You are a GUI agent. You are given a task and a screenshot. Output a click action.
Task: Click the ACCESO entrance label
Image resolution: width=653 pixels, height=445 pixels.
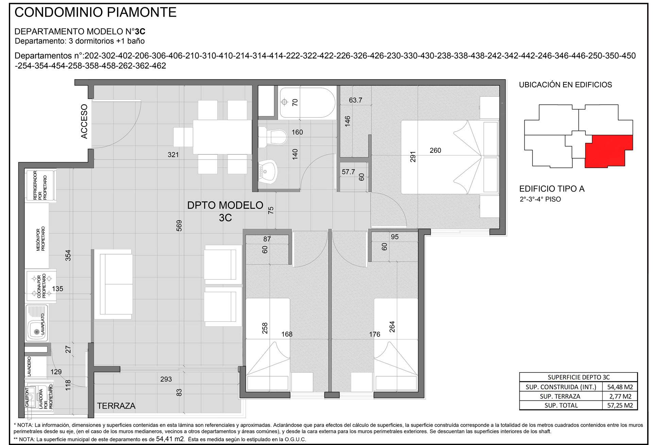(x=84, y=121)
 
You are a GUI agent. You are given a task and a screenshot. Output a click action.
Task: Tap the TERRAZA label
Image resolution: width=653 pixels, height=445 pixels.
(x=116, y=406)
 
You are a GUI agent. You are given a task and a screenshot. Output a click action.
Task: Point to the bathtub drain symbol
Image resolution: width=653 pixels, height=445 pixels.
(x=285, y=102)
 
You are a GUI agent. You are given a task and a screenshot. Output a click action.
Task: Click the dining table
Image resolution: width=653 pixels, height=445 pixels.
(x=222, y=137)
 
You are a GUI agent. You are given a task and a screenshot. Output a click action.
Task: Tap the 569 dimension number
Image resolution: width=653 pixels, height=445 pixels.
(x=179, y=226)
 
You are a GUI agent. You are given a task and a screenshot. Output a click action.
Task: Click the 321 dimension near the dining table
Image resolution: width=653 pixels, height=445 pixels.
(x=173, y=155)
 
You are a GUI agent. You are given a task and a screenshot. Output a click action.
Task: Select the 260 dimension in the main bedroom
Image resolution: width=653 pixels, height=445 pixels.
(x=435, y=150)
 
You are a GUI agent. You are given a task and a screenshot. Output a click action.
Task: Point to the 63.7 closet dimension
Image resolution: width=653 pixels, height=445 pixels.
(x=355, y=100)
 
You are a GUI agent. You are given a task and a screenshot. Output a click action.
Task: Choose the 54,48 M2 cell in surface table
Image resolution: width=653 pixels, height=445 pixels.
(x=619, y=387)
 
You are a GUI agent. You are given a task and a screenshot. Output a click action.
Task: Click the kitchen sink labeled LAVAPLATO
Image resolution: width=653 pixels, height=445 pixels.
(x=37, y=327)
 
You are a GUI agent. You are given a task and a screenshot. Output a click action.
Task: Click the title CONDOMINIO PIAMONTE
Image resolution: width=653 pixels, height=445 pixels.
(x=96, y=12)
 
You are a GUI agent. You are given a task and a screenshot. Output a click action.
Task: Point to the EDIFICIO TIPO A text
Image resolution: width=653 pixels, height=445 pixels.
(x=552, y=189)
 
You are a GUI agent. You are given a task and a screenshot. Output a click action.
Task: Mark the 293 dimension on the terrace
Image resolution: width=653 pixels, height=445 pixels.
(x=166, y=379)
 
